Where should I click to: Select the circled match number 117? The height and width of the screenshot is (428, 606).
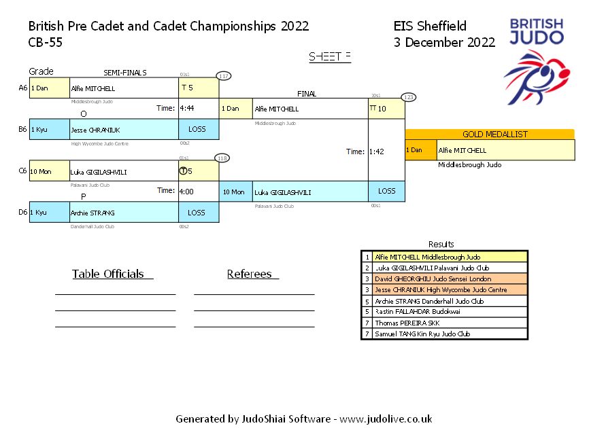(x=224, y=76)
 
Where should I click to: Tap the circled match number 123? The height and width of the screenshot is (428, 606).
(x=409, y=97)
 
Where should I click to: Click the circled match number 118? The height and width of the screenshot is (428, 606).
(x=222, y=158)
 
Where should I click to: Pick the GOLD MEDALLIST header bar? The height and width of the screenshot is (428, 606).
(x=490, y=135)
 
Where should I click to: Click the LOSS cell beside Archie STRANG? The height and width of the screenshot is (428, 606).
(x=196, y=213)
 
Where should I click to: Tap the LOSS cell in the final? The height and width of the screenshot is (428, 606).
(x=386, y=192)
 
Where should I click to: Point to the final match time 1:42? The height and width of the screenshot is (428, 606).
(x=377, y=151)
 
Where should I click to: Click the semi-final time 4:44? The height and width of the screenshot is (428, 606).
(x=186, y=108)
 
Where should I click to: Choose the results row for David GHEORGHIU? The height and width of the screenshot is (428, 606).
(x=443, y=279)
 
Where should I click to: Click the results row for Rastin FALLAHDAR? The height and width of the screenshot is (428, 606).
(x=443, y=312)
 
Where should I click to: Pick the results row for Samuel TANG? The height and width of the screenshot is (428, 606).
(x=443, y=334)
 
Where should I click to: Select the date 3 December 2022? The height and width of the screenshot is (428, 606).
(x=444, y=42)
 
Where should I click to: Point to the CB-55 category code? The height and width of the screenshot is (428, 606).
(x=46, y=42)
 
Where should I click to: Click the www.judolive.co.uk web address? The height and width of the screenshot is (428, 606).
(x=386, y=419)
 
